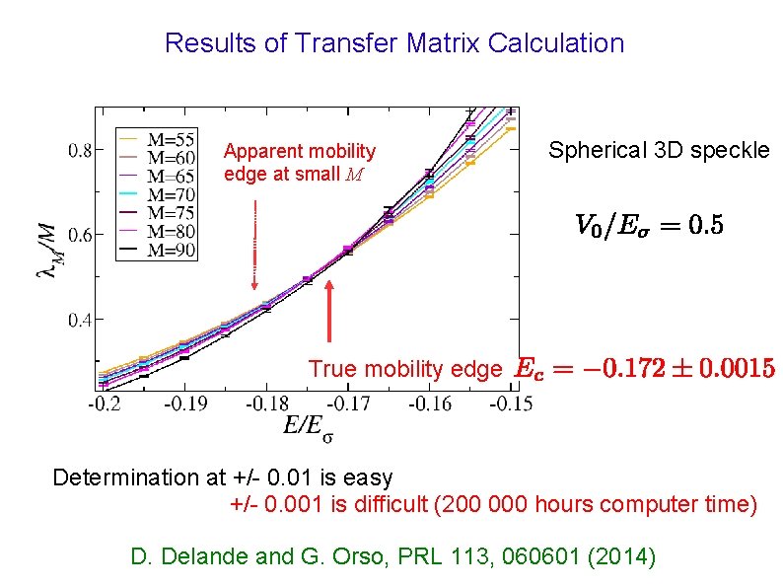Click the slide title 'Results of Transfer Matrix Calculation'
(x=394, y=43)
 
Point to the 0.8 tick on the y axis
(x=82, y=151)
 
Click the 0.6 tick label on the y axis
(x=82, y=235)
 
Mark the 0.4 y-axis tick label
(x=82, y=319)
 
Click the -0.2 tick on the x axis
(x=103, y=404)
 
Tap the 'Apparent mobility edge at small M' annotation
(x=299, y=163)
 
